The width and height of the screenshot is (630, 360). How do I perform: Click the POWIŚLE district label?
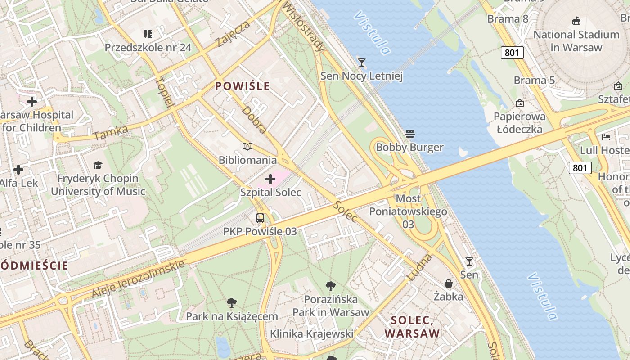coord(243,86)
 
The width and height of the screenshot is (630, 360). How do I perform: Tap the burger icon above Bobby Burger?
coord(409,134)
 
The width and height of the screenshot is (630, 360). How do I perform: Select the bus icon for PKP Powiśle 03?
coord(260,219)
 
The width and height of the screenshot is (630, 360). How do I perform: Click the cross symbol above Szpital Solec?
coord(270,180)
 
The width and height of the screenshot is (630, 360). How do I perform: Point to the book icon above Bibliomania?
coord(247,146)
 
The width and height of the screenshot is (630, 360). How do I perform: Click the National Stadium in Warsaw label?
coord(576,41)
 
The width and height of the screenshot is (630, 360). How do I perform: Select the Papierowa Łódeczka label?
coord(519,123)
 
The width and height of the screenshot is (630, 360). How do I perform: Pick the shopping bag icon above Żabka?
coord(449,283)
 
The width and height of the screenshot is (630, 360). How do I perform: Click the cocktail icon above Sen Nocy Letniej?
coord(361,62)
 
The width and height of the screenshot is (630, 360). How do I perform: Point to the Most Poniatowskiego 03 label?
coord(408,211)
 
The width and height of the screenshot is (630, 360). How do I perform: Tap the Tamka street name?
coord(111,133)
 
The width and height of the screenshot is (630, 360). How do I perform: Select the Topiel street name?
coord(165,92)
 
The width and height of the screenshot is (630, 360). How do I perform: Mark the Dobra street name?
coord(254,120)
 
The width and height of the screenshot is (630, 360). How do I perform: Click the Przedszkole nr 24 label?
coord(148,47)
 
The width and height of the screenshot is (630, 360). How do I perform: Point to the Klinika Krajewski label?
coord(311,333)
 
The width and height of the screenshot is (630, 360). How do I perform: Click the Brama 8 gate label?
coord(508,19)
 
